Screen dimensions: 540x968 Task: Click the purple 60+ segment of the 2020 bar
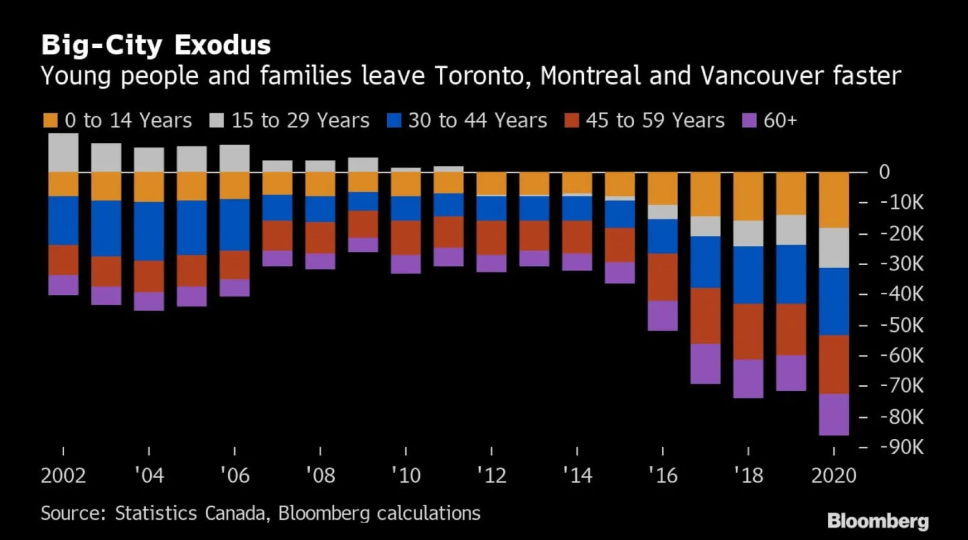[834, 414]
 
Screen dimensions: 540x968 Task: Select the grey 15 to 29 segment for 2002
[64, 153]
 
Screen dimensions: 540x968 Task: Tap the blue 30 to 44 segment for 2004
[149, 231]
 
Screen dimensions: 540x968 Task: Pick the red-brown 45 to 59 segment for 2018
[748, 331]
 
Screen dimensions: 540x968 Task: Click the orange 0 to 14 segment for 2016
[662, 188]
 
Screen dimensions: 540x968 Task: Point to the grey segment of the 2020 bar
[834, 248]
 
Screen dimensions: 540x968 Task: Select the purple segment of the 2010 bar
[405, 264]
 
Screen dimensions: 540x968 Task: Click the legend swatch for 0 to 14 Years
[50, 120]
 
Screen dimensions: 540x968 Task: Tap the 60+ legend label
[780, 120]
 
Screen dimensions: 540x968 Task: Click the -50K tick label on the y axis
[901, 325]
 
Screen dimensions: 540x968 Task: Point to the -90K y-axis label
[901, 447]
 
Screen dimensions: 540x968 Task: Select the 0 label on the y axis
[884, 173]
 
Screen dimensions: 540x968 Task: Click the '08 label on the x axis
[320, 475]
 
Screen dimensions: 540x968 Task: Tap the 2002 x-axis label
[63, 475]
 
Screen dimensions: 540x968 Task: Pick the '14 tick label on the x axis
[577, 475]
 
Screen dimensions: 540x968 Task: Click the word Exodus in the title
[222, 45]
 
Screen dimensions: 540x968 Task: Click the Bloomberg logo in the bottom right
[877, 521]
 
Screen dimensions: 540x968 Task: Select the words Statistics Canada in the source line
[190, 513]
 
